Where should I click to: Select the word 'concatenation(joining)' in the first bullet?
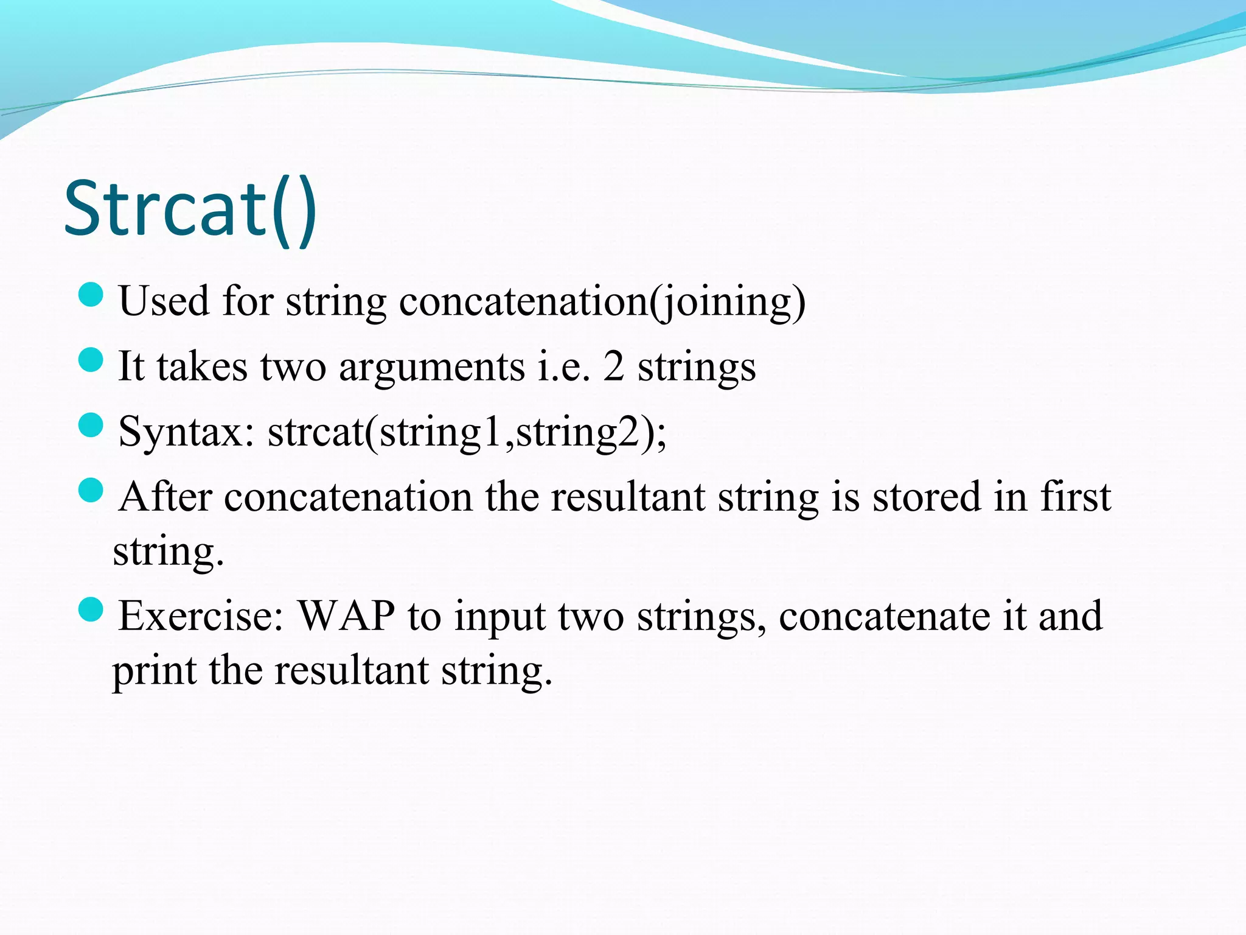(x=602, y=302)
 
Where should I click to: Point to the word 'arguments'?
(x=431, y=368)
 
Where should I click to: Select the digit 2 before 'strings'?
(x=613, y=367)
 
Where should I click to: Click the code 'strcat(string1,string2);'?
(x=467, y=433)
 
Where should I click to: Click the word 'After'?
(x=165, y=497)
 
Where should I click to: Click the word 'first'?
(x=1075, y=496)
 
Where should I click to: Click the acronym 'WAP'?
(x=346, y=616)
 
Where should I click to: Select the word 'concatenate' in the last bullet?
(x=883, y=616)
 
